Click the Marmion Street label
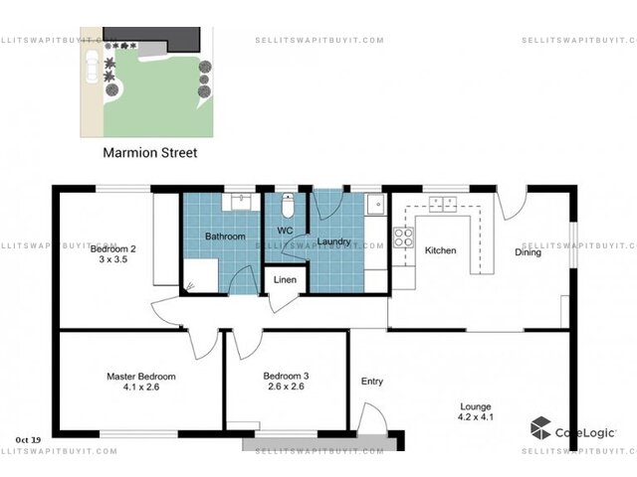click(x=150, y=152)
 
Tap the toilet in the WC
click(x=288, y=206)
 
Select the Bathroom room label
click(x=225, y=237)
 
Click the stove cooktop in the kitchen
click(x=403, y=238)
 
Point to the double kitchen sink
click(x=443, y=204)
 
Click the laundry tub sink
click(x=377, y=204)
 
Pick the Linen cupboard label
click(x=285, y=279)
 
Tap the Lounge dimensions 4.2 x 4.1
click(x=476, y=416)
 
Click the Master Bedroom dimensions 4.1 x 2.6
click(x=141, y=387)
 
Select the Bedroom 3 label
click(x=286, y=376)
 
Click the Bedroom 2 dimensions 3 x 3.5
click(x=112, y=259)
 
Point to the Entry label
click(x=372, y=382)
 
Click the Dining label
click(x=528, y=252)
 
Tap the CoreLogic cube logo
click(x=540, y=428)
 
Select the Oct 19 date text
click(x=28, y=439)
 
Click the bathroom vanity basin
click(x=241, y=202)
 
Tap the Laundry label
click(x=334, y=241)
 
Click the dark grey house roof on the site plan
click(x=162, y=38)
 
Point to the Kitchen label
click(x=440, y=250)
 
